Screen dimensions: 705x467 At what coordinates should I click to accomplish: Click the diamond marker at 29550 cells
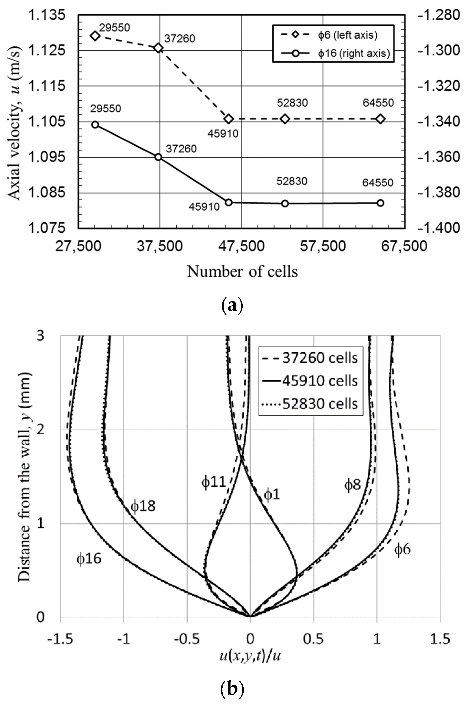tap(95, 36)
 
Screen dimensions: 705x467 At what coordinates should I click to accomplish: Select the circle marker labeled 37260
tap(158, 157)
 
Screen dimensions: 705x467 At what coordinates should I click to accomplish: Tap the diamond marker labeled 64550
tap(380, 119)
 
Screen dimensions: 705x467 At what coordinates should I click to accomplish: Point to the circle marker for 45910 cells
tap(228, 202)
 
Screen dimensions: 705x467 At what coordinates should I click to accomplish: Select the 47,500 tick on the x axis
tap(241, 246)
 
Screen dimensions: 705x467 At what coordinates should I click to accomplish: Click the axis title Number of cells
tap(242, 272)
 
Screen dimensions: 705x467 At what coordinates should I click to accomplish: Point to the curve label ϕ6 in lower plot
tap(402, 549)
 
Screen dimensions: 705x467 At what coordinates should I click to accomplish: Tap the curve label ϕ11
tap(214, 482)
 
